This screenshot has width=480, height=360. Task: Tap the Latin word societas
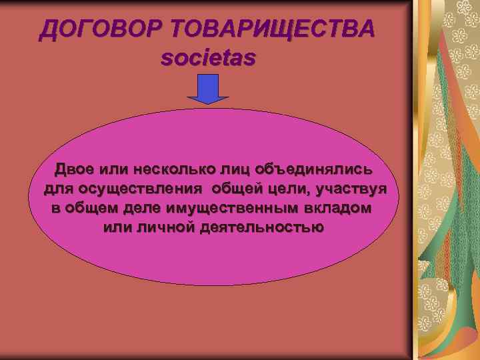[x=208, y=58]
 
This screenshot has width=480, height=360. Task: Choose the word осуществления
[x=134, y=187]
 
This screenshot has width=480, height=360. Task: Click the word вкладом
[x=341, y=207]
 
